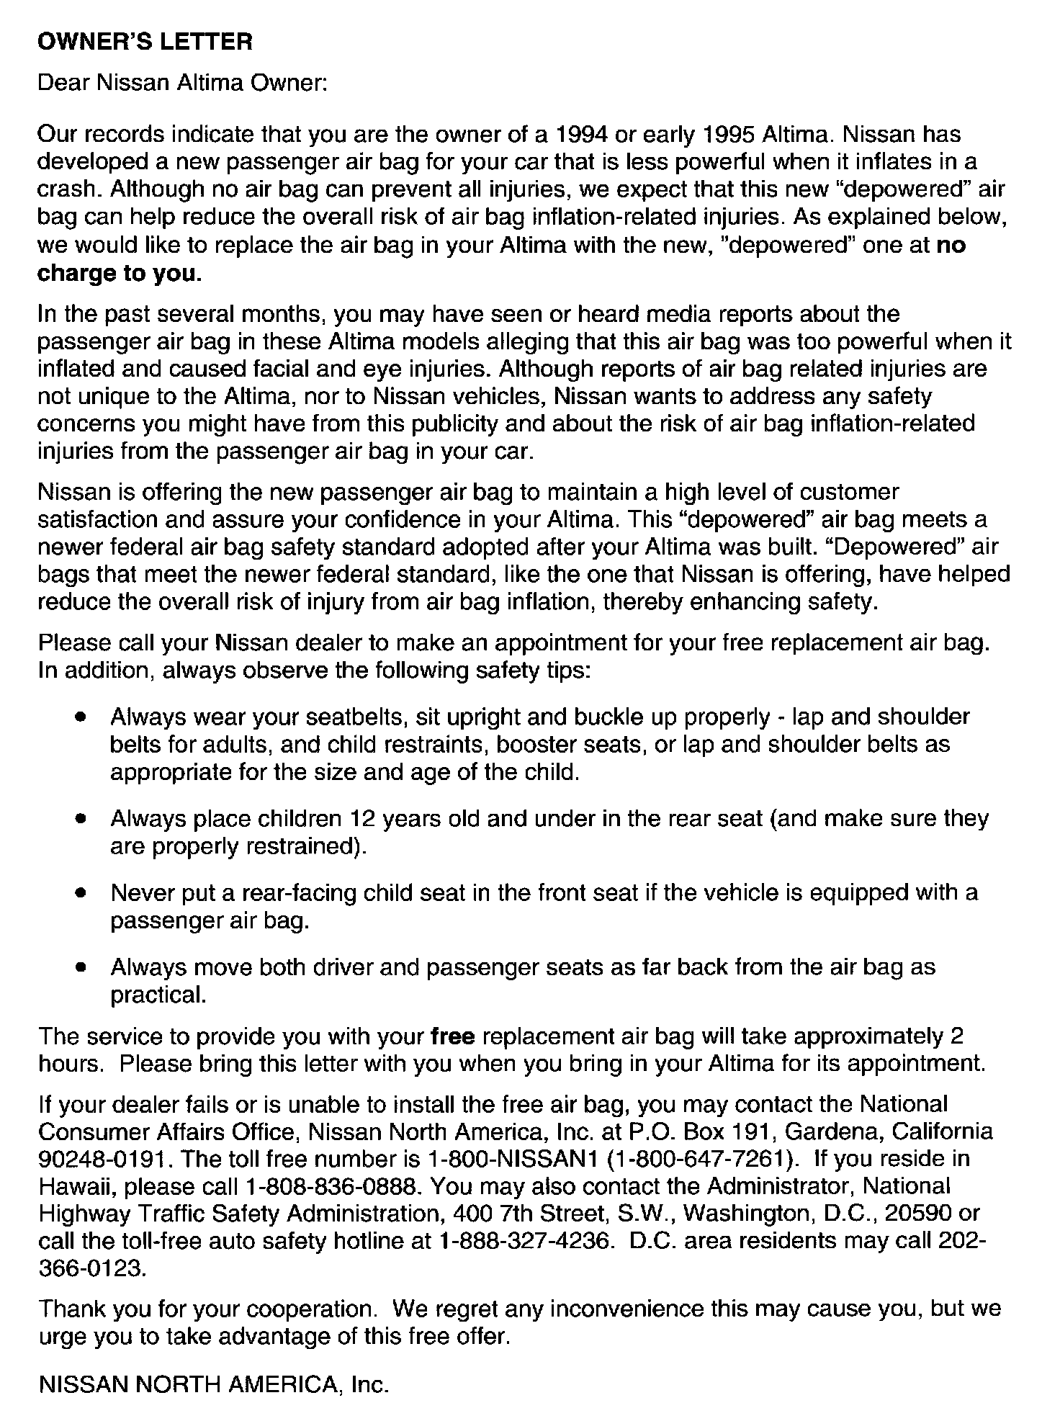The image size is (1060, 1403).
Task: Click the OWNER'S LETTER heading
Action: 145,42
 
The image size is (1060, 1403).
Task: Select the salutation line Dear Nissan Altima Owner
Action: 182,84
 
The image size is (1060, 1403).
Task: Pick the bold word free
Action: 452,1036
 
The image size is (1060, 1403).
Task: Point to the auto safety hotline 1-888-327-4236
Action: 532,1241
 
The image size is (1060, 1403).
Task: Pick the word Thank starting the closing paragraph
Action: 72,1309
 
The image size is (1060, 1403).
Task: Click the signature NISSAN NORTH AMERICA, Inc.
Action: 213,1384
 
